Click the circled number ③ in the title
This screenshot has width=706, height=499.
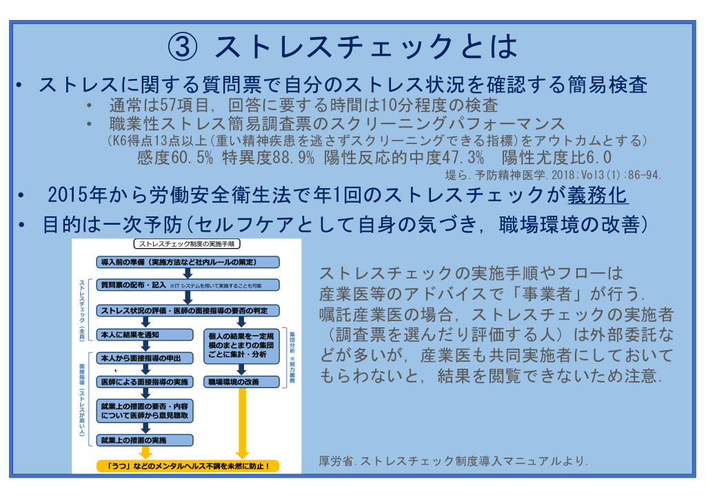183,48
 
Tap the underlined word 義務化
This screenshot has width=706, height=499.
598,195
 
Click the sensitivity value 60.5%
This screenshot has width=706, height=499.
194,157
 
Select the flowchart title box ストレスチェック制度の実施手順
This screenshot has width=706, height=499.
186,244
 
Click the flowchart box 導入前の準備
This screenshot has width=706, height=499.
188,263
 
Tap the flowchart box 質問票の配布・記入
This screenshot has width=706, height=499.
188,285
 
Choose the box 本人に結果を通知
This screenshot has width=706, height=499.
145,334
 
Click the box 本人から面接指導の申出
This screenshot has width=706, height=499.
145,358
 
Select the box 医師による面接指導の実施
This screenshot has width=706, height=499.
145,382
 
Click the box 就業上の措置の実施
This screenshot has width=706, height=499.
145,439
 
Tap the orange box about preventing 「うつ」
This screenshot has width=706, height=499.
188,466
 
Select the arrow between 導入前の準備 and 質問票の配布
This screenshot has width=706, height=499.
187,274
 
